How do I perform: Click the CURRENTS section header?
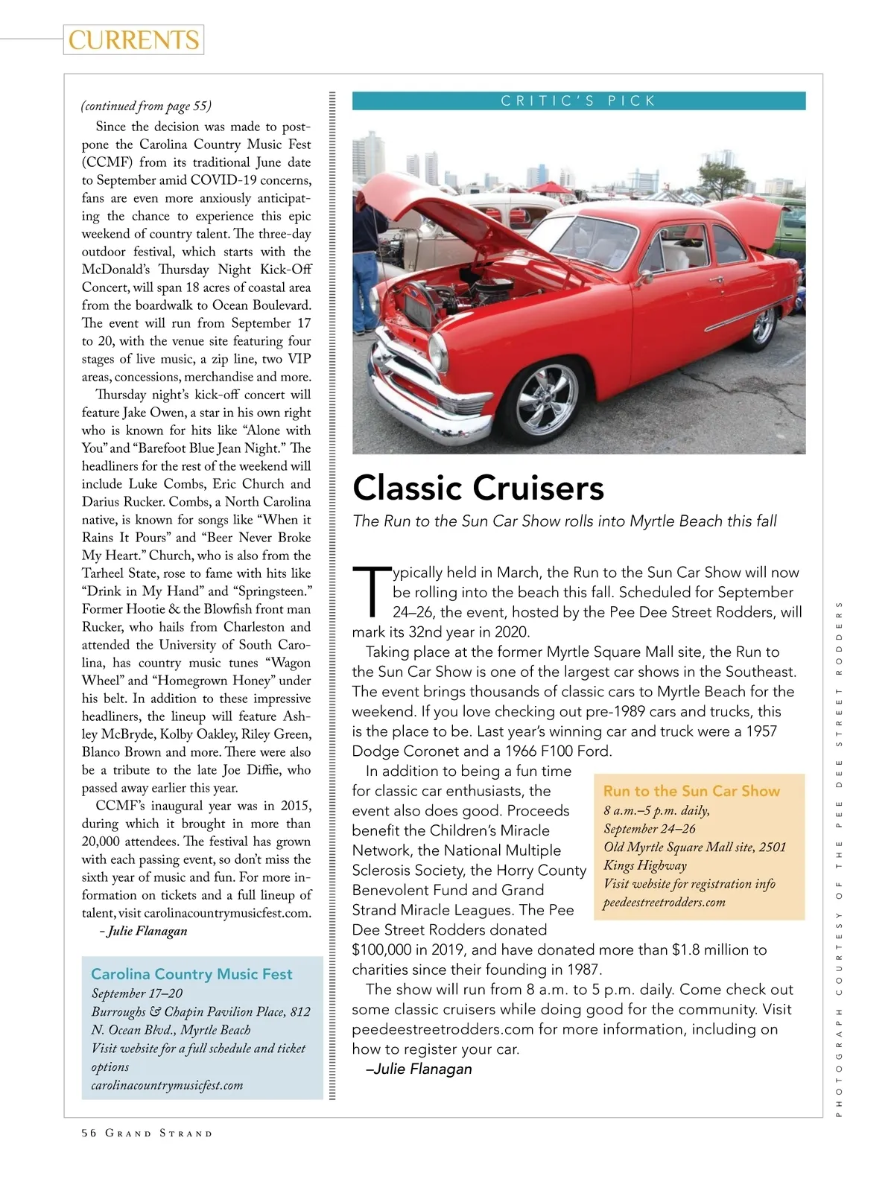tap(134, 39)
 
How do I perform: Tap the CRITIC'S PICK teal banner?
tap(578, 101)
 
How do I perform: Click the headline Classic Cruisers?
tap(478, 488)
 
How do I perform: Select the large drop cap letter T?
tap(371, 591)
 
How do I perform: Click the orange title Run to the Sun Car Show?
tap(691, 791)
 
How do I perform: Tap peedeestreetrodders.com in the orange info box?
tap(664, 903)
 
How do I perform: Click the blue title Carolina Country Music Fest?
tap(191, 974)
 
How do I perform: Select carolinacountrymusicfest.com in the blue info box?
tap(167, 1085)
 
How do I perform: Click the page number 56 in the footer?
tap(89, 1133)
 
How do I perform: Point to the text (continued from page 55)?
tap(146, 106)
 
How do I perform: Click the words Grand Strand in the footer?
tap(159, 1133)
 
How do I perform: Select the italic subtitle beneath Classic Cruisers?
tap(565, 521)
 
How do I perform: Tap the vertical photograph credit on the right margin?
tap(838, 856)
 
